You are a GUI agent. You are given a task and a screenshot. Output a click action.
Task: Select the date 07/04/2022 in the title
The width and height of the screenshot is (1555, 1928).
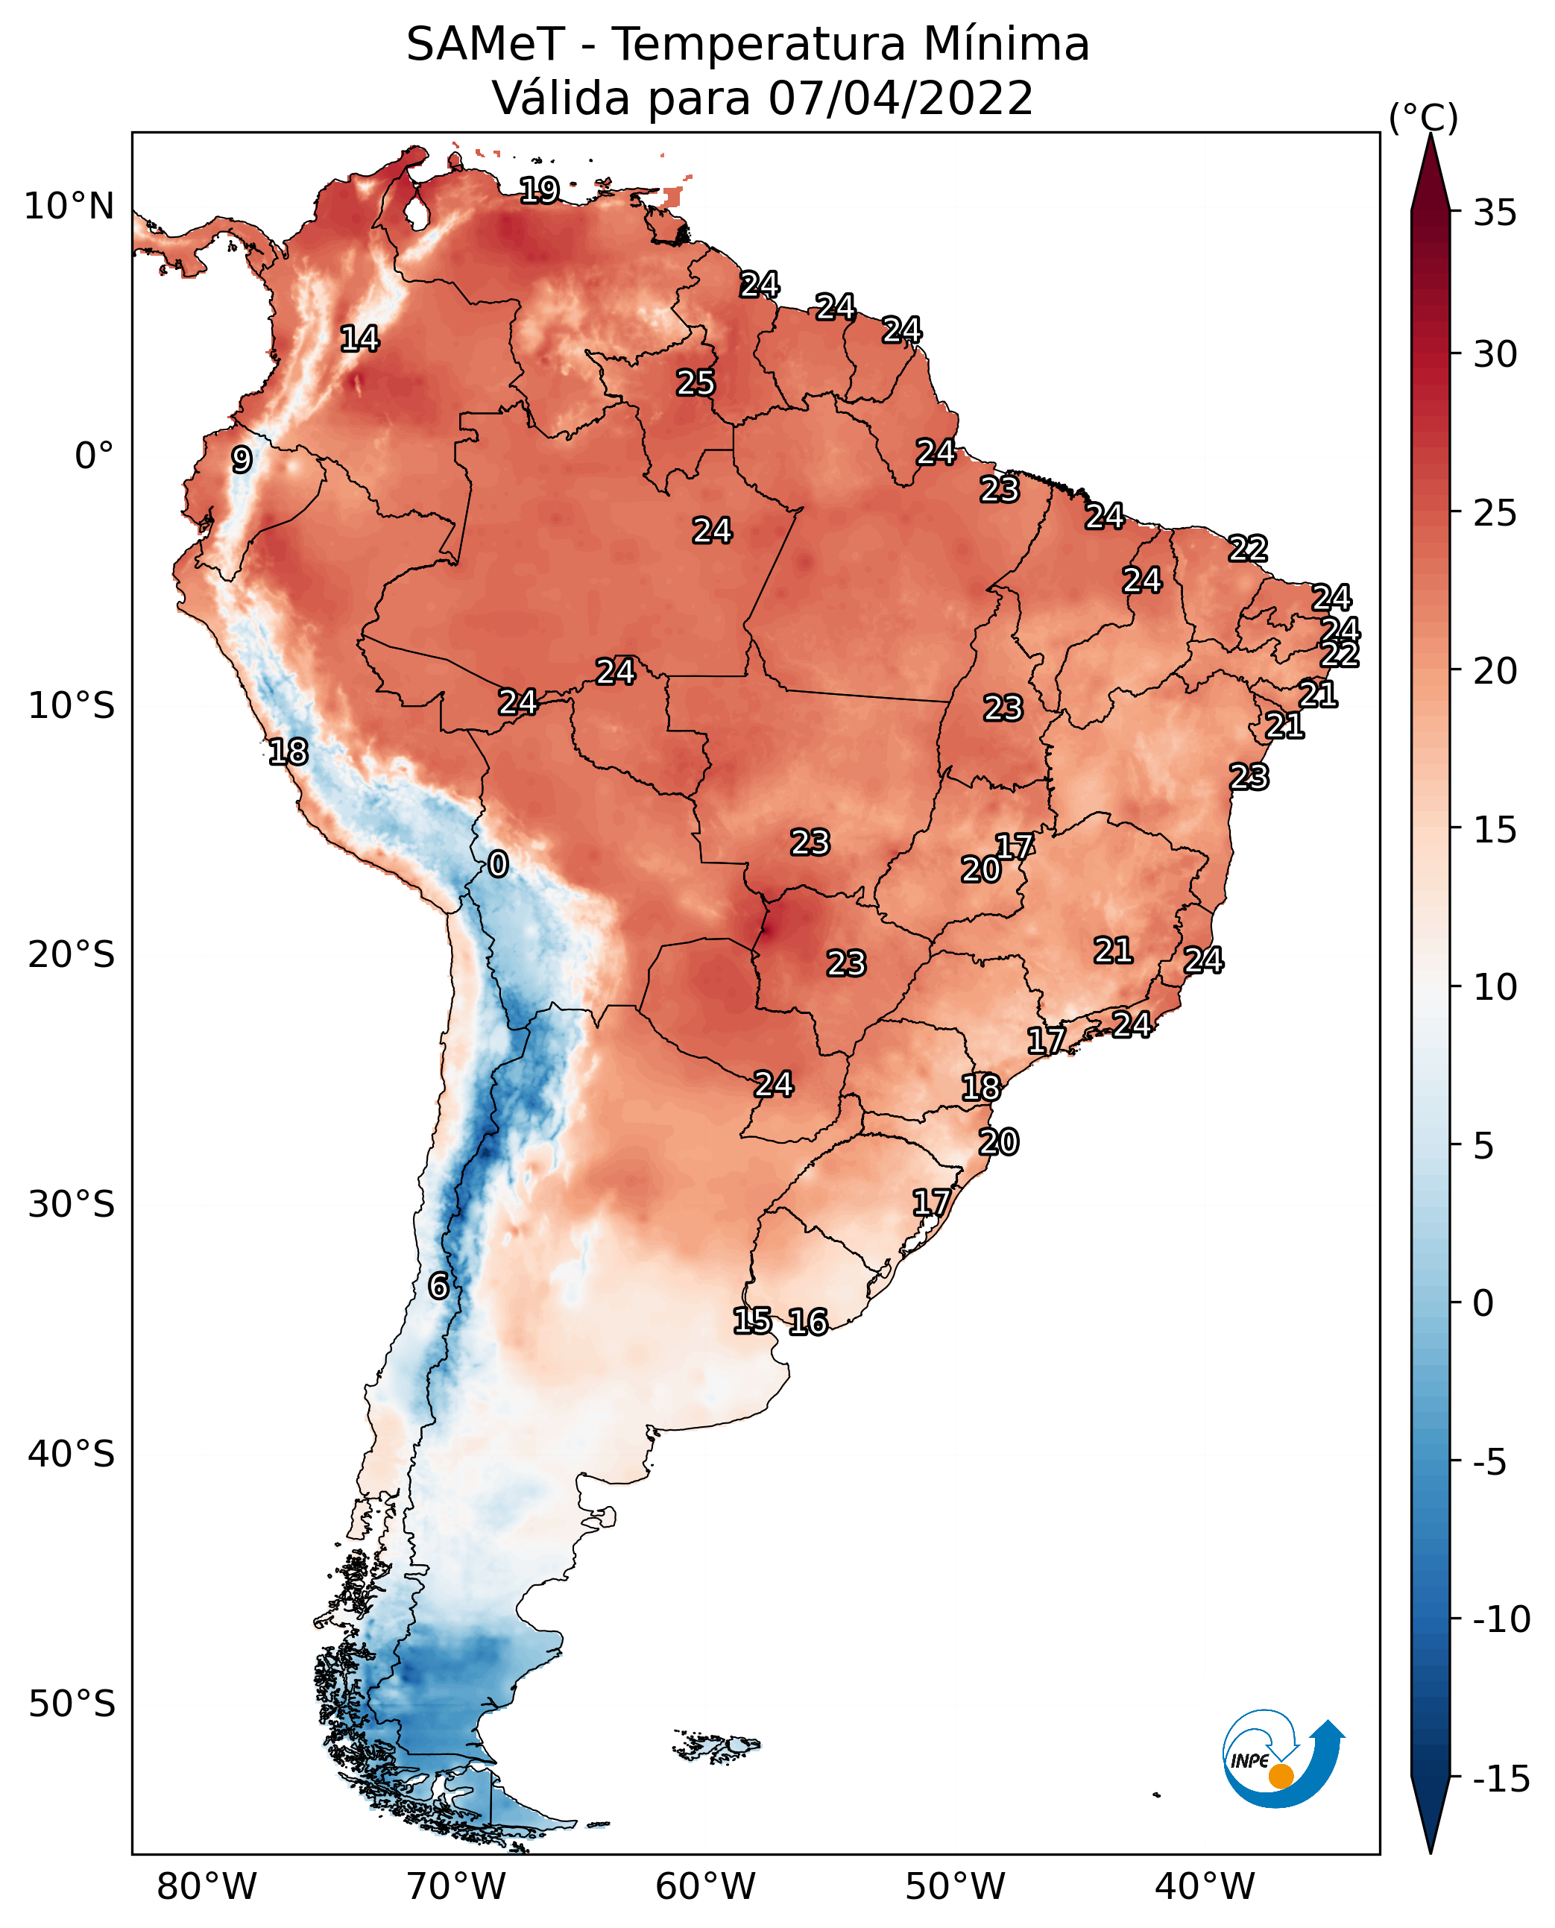tap(900, 98)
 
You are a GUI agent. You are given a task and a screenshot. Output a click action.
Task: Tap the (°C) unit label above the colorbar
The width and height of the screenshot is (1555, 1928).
tap(1423, 117)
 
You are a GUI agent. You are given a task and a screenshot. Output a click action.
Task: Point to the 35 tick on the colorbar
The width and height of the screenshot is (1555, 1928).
tap(1495, 212)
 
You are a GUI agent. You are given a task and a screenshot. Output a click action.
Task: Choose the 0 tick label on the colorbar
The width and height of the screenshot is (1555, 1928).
tap(1483, 1302)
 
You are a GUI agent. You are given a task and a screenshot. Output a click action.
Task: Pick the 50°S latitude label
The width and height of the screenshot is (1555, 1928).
tap(72, 1702)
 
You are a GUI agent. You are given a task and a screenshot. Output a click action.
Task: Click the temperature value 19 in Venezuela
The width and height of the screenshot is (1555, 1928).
tap(540, 190)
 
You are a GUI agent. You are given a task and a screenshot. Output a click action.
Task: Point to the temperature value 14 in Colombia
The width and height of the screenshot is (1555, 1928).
tap(360, 338)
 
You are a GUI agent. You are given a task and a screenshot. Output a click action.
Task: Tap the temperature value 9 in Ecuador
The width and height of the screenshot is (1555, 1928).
tap(242, 459)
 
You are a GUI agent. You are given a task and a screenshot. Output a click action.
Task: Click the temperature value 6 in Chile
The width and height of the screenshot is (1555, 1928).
tap(438, 1285)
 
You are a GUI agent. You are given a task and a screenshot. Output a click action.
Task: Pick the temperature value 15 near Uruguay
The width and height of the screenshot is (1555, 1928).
tap(752, 1320)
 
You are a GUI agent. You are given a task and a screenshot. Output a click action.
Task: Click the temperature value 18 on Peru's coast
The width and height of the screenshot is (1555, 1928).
tap(288, 752)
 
